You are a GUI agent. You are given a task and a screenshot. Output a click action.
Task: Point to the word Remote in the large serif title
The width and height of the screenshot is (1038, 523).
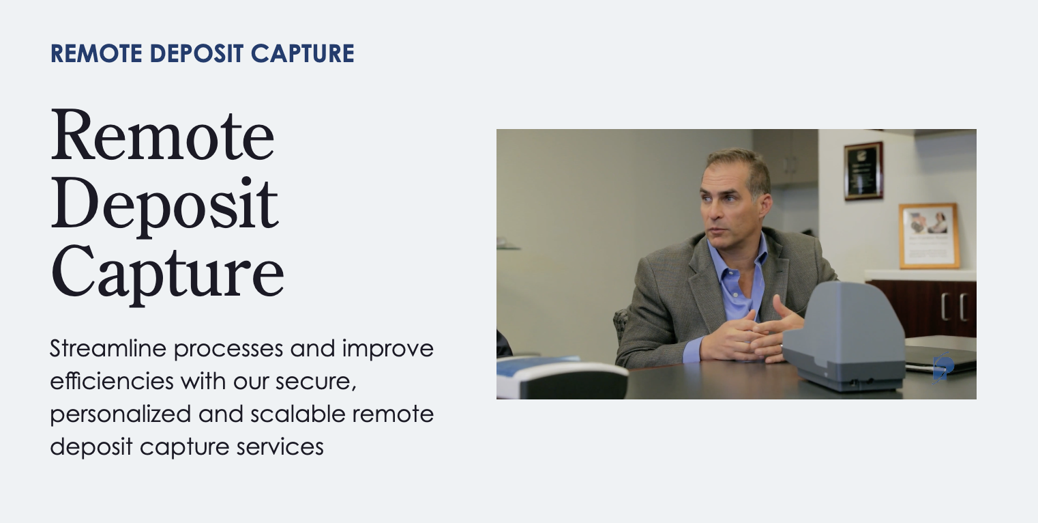pos(162,135)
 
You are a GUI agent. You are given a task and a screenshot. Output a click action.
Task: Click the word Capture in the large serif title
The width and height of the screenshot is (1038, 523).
pos(167,273)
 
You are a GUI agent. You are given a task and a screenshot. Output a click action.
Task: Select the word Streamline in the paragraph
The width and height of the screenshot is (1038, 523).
pos(108,348)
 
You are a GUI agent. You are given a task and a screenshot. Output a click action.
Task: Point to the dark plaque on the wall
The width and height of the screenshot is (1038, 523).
pos(863,170)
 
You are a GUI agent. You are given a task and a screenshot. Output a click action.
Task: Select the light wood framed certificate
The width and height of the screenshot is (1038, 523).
pos(928,236)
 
